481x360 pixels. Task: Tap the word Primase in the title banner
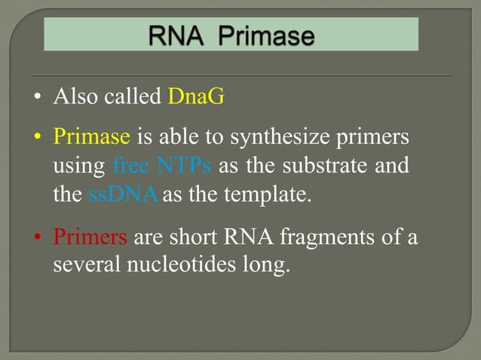click(266, 35)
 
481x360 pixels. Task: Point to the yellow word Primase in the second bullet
click(92, 138)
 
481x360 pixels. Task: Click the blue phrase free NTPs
click(161, 166)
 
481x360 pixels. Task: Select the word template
click(272, 194)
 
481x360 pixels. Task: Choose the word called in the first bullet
click(132, 97)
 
